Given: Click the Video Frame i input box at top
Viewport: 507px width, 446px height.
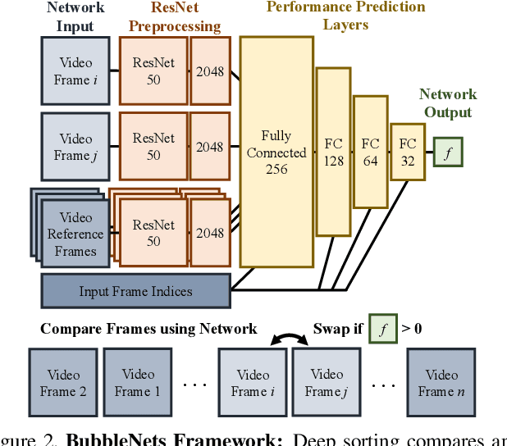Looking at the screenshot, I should click(75, 71).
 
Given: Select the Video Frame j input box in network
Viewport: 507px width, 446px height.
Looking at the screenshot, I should click(75, 147).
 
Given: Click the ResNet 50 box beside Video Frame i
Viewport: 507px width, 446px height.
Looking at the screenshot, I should click(153, 71).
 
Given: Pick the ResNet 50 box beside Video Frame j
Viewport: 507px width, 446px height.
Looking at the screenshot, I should click(153, 147).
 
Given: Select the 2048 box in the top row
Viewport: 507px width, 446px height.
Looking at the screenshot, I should click(209, 71).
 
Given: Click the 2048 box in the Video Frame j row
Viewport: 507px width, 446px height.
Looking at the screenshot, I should click(209, 147).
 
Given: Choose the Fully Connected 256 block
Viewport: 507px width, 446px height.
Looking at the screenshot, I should click(276, 152).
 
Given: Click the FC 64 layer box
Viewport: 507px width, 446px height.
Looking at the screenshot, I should click(370, 152).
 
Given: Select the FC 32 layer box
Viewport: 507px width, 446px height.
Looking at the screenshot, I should click(407, 151).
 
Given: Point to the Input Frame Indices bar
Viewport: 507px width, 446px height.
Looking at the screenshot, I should click(135, 291).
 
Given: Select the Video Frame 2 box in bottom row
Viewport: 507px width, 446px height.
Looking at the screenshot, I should click(62, 383).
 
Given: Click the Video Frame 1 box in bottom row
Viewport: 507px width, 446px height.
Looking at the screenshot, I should click(137, 383).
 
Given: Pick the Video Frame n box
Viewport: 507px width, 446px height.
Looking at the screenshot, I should click(441, 383).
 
